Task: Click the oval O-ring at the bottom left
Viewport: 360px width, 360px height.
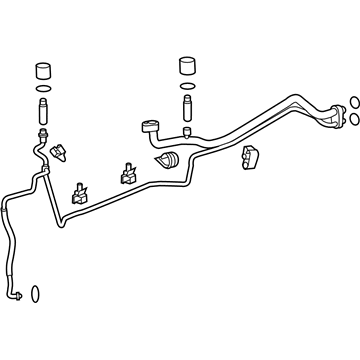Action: tap(34, 294)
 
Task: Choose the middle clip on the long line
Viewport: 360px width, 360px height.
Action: tap(128, 172)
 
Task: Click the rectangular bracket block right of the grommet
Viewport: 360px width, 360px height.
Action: tap(249, 158)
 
